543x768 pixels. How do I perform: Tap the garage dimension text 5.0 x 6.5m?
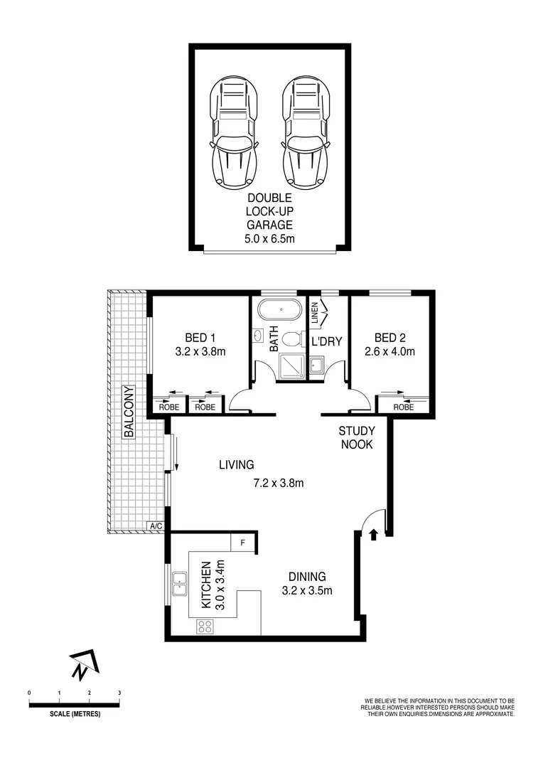270,239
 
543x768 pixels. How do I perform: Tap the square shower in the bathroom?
290,366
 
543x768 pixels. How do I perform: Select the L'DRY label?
327,341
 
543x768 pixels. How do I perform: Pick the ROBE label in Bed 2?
403,407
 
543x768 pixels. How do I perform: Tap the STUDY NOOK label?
355,437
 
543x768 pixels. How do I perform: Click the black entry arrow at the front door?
374,535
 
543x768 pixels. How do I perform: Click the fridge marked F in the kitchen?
242,543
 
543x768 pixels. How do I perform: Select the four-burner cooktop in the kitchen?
205,626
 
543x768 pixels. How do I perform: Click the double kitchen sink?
178,589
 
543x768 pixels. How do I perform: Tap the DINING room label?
307,577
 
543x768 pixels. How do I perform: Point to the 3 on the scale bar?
119,692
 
